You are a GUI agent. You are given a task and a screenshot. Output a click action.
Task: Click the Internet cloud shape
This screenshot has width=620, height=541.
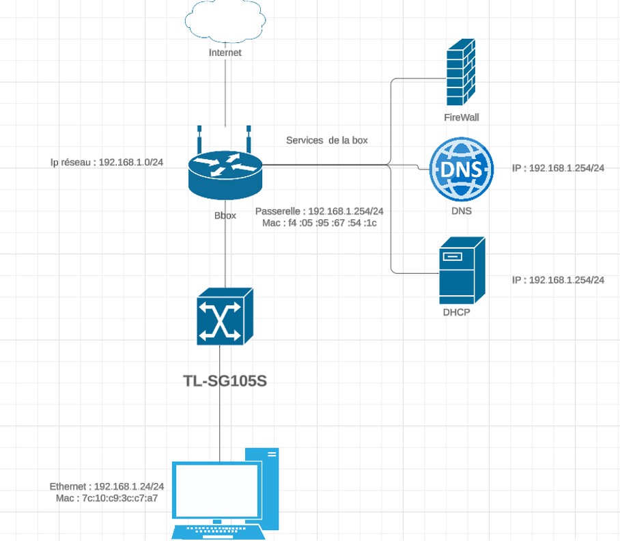tap(225, 21)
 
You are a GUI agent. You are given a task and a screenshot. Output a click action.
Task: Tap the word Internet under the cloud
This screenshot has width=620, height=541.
tap(225, 53)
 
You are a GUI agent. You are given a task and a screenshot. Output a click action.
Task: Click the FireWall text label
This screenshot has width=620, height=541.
tap(462, 117)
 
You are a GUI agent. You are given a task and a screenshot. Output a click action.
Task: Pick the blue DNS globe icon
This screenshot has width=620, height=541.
tap(462, 168)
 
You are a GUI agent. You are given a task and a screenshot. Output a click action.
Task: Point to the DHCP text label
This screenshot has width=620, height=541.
tap(457, 313)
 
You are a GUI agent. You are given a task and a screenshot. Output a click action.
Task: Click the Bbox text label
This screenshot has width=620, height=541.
tap(225, 215)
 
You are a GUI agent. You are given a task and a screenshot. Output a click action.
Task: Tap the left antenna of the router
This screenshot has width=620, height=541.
tap(199, 139)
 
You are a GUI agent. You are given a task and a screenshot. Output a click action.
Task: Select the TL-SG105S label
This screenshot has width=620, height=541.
tap(225, 380)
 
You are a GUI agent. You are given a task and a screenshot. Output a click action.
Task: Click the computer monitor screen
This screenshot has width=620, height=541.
tap(218, 490)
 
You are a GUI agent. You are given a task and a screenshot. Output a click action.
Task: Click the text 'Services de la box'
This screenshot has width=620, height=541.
tap(326, 140)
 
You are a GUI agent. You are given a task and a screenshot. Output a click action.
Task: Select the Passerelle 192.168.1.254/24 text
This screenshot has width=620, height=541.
tap(319, 211)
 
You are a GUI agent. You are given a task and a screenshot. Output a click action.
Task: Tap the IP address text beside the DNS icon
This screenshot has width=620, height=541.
tap(558, 168)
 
